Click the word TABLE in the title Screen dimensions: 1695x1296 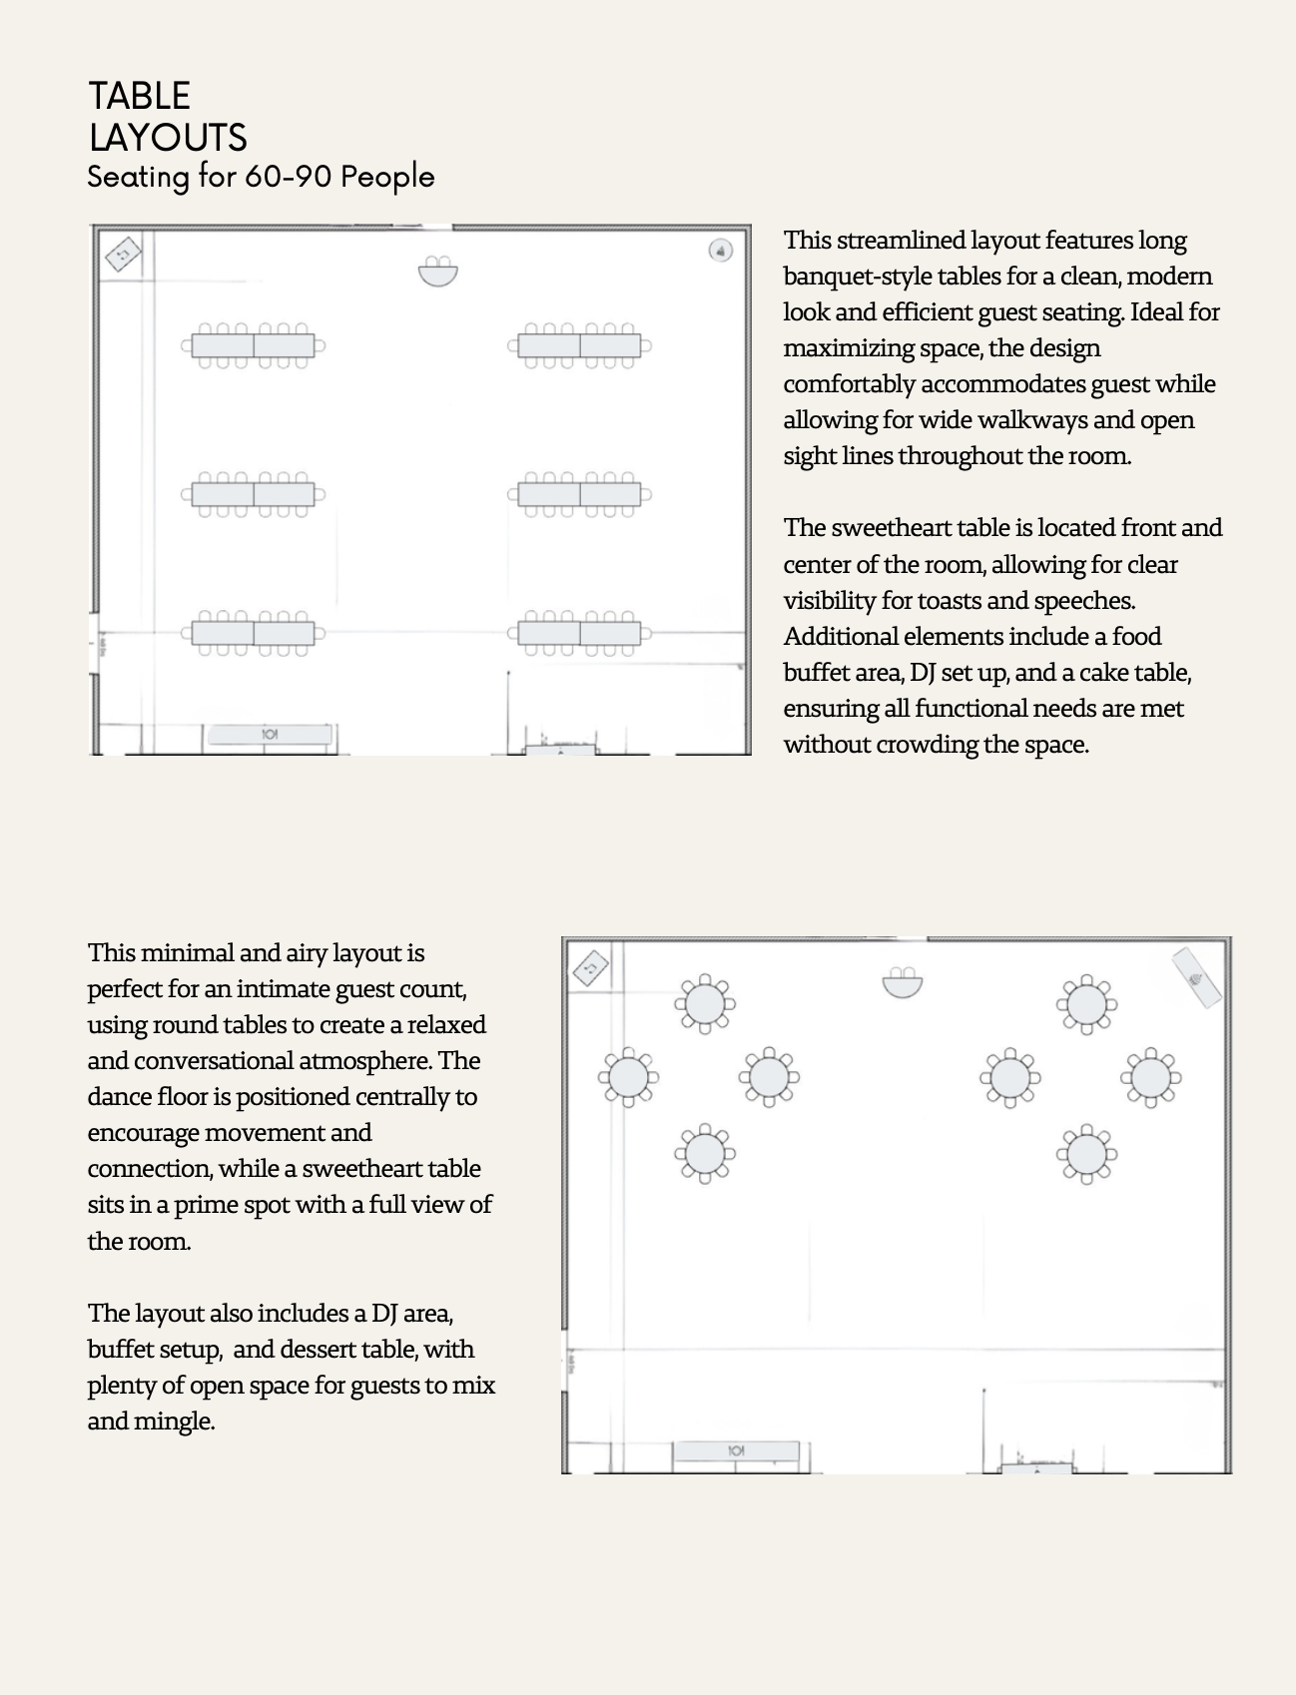point(139,97)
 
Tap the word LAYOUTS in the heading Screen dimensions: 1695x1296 point(168,138)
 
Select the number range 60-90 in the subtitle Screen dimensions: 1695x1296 point(288,177)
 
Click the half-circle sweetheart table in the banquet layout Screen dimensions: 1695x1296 point(437,271)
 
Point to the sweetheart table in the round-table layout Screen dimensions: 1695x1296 point(903,982)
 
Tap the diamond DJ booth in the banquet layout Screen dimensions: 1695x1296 point(123,255)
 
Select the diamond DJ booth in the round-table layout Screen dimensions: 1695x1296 point(590,967)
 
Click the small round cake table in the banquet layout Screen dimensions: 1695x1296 point(720,251)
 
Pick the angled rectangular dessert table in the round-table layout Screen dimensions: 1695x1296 point(1196,978)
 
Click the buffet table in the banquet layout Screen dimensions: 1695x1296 point(269,735)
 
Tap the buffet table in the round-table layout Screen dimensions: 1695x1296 point(736,1450)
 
